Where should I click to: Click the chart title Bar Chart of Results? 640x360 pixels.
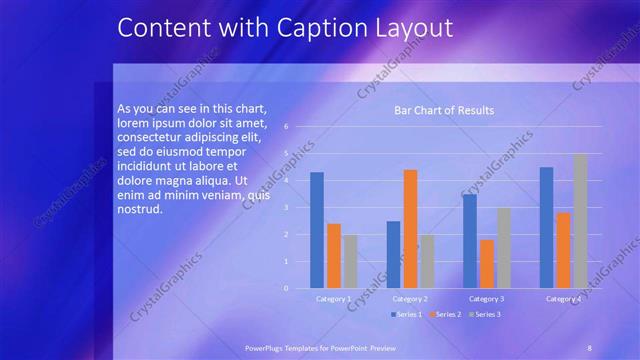click(443, 110)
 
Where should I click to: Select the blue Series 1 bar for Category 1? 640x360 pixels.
click(317, 230)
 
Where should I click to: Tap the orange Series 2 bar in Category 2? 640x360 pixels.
click(410, 229)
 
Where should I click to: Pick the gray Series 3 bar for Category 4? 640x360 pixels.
click(580, 221)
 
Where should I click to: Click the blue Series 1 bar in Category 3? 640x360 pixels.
click(470, 241)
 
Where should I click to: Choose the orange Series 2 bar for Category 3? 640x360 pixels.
click(487, 264)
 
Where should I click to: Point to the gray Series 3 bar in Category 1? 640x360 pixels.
click(350, 261)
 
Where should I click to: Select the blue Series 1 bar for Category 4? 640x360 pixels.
click(546, 227)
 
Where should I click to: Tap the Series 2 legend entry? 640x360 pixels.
click(445, 315)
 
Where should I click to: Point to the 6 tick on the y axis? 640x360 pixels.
click(286, 127)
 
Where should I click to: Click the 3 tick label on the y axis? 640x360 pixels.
click(286, 208)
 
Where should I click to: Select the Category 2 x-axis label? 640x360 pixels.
click(410, 299)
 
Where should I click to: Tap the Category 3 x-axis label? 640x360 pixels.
click(487, 299)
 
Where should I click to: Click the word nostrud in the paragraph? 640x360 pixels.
click(139, 209)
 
